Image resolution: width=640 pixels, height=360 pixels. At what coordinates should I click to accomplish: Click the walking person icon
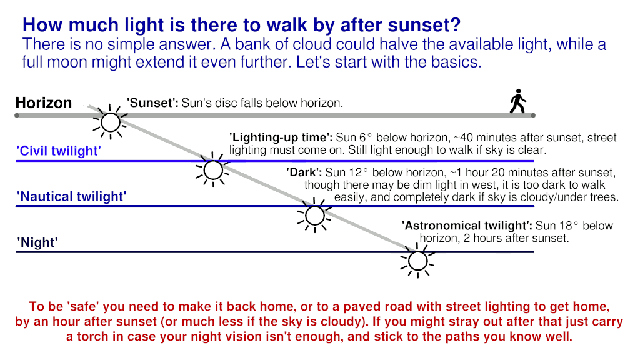point(518,101)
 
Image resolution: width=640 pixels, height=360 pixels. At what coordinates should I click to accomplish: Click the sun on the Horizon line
point(110,122)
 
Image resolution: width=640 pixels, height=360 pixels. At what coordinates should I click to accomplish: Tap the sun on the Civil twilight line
point(213,170)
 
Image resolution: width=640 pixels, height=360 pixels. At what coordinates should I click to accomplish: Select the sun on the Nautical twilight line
point(315,216)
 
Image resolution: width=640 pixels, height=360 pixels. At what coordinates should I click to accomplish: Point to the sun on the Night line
point(417,261)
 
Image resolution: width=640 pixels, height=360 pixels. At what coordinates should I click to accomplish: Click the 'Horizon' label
point(44,103)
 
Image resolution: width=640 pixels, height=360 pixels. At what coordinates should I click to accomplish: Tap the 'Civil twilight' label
point(59,151)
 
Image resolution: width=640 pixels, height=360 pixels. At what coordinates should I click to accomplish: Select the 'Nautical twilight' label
point(71,196)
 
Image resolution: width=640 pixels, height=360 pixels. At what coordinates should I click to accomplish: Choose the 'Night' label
point(37,242)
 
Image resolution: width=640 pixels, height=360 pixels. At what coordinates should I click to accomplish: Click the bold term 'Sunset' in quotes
point(152,103)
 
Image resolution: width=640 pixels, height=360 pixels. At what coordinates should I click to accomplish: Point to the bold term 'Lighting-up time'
point(281,137)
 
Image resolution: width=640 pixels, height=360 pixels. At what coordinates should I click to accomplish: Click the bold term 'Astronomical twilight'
point(467,226)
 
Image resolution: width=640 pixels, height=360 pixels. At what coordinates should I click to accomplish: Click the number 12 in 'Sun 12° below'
point(355,172)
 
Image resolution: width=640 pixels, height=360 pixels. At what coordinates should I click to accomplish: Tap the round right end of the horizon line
point(532,116)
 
